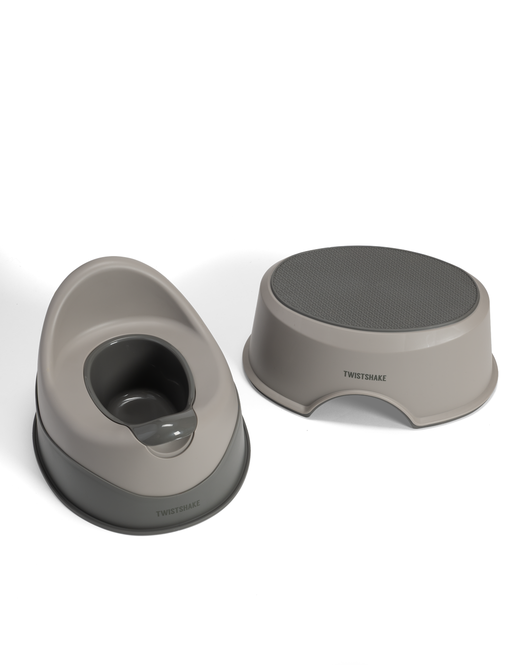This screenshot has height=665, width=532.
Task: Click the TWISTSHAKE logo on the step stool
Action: [365, 376]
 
